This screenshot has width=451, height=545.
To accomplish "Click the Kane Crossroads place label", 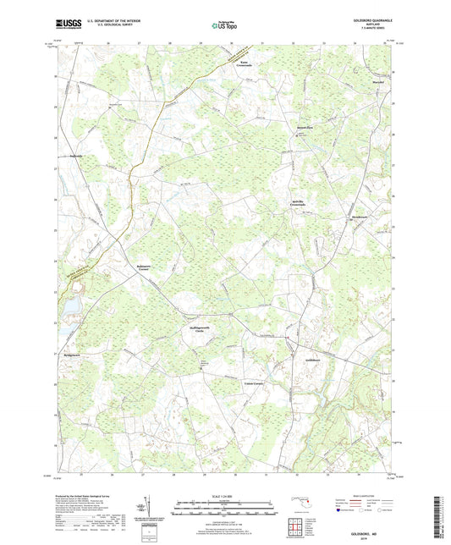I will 245,63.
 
